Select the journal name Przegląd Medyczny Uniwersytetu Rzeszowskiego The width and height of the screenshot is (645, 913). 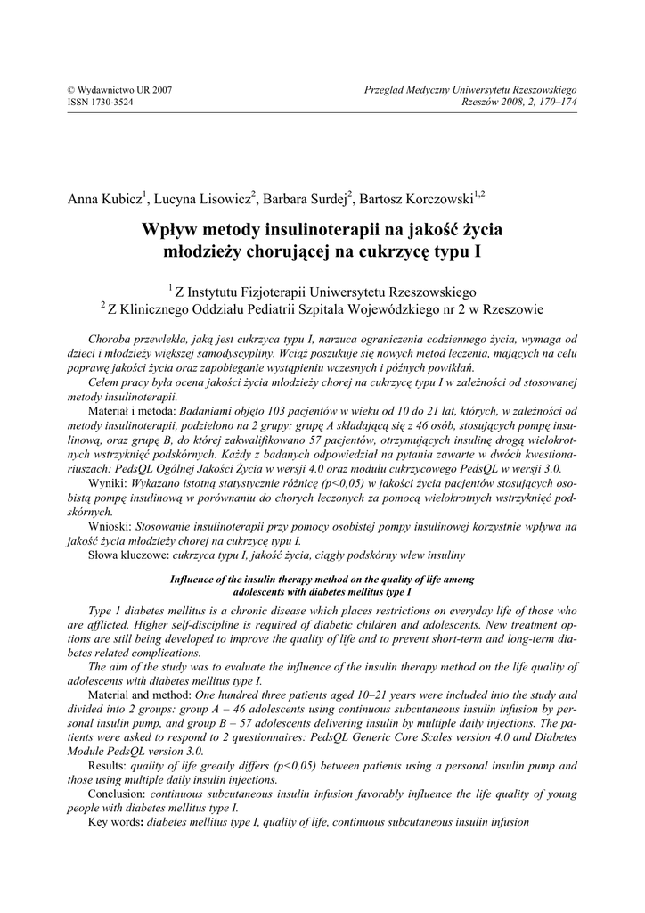(x=471, y=91)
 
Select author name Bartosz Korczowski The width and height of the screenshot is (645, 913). (x=418, y=198)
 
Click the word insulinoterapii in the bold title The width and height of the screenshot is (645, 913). (x=312, y=230)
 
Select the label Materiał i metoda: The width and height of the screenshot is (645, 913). (x=133, y=411)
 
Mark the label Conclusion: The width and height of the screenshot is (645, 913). (x=118, y=794)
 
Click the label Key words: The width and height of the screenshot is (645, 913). (x=116, y=821)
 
